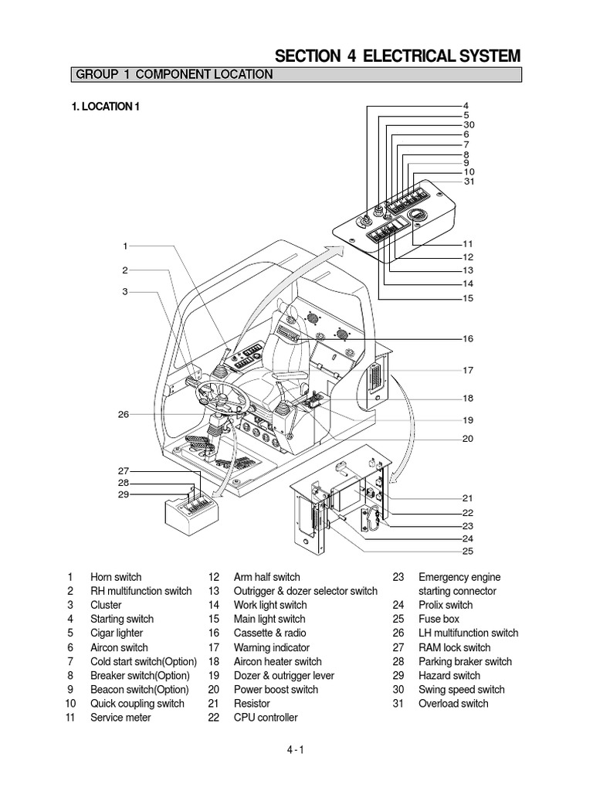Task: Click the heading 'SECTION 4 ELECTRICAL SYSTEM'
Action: [x=398, y=56]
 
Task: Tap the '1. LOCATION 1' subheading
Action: [x=105, y=107]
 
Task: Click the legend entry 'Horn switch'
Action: [x=116, y=577]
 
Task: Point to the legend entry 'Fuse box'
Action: [x=439, y=619]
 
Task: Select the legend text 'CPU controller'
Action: [x=265, y=717]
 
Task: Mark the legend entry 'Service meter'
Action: [x=120, y=717]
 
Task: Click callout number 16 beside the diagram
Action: [x=468, y=339]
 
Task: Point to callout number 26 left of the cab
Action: [x=124, y=415]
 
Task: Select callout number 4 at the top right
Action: [x=466, y=105]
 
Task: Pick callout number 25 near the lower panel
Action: [x=468, y=552]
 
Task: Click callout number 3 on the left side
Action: [x=124, y=292]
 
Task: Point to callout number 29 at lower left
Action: [x=124, y=494]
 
